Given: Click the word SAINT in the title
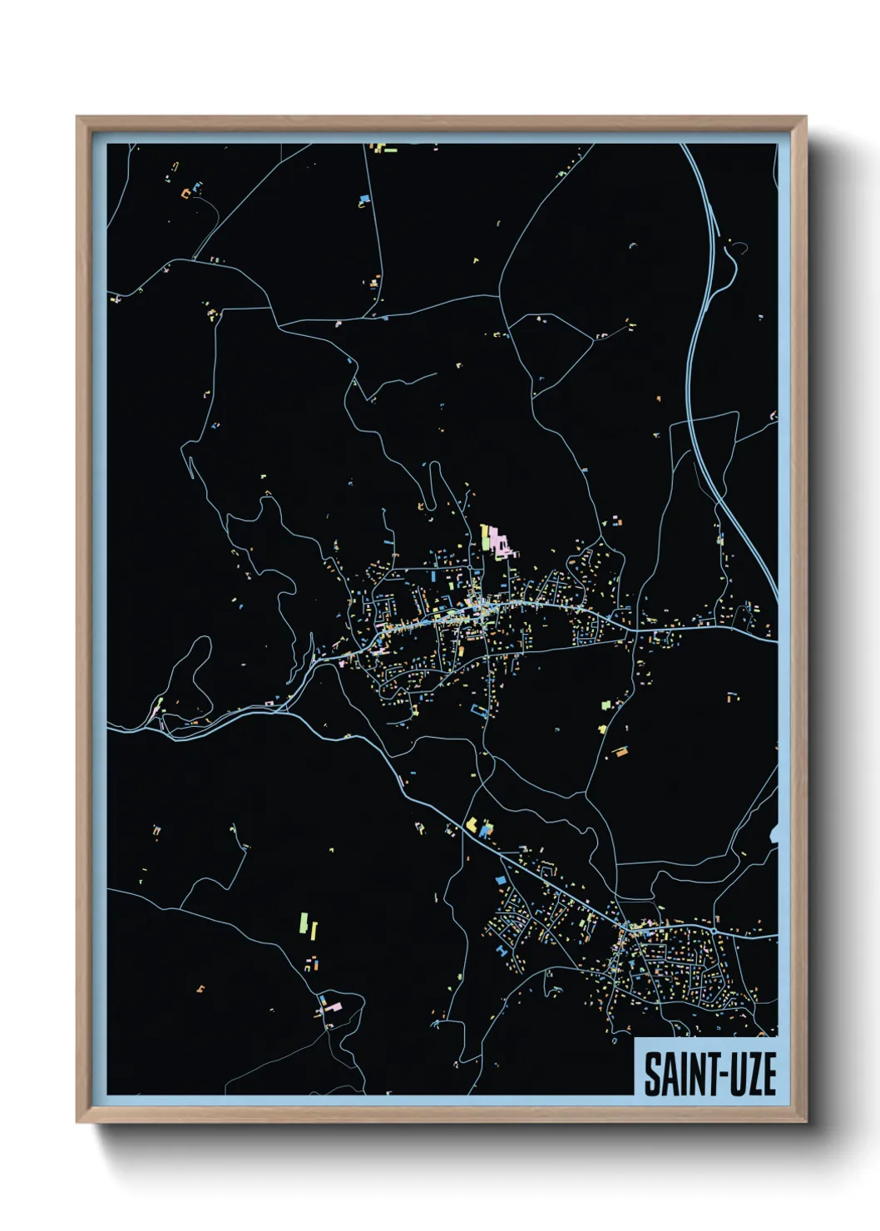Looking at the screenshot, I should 674,1074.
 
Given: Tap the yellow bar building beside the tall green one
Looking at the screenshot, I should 314,930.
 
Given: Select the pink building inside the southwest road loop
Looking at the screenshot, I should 332,1006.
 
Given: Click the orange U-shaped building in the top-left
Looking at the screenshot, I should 186,193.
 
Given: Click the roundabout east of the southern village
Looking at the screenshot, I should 625,926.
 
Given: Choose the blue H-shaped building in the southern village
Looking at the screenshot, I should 502,948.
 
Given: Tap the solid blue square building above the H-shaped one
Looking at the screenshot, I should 501,878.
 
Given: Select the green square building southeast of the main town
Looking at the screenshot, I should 605,704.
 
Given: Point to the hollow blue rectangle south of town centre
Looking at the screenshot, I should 478,710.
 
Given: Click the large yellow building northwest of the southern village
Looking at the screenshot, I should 471,824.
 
